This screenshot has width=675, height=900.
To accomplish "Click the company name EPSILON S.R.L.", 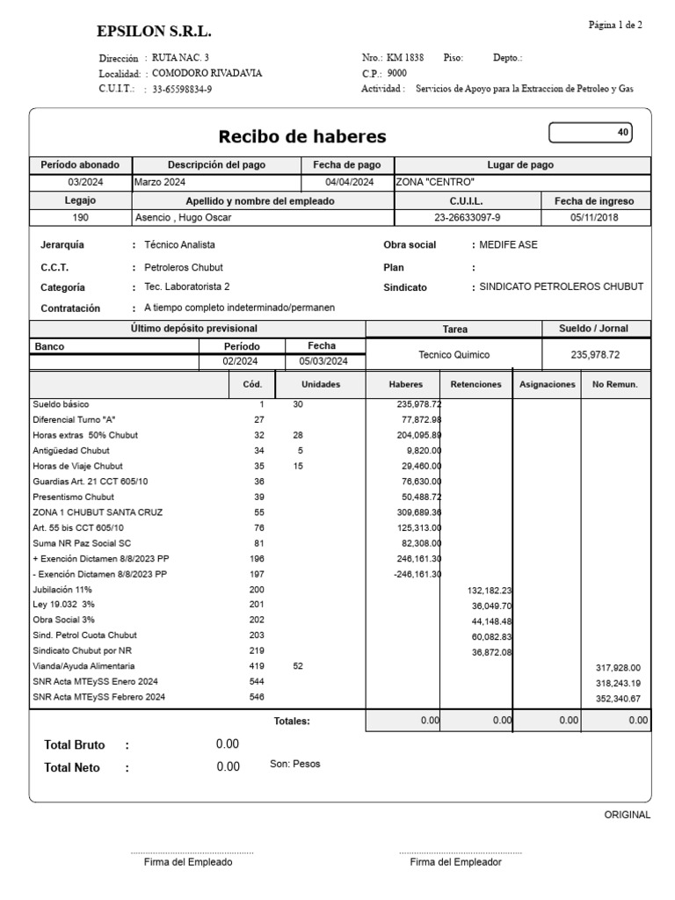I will pyautogui.click(x=154, y=33).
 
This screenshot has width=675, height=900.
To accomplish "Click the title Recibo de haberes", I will pyautogui.click(x=301, y=136).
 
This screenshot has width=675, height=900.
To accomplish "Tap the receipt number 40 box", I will pyautogui.click(x=590, y=133).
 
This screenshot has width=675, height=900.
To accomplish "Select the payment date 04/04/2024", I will pyautogui.click(x=349, y=182).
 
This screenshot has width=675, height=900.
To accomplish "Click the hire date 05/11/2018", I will pyautogui.click(x=595, y=218).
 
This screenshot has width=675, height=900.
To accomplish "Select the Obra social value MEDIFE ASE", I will pyautogui.click(x=508, y=245).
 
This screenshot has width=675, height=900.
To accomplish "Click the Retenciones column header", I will pyautogui.click(x=475, y=384).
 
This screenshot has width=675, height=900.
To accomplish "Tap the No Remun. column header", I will pyautogui.click(x=615, y=384).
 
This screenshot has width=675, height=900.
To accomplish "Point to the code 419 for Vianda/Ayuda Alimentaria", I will pyautogui.click(x=257, y=667).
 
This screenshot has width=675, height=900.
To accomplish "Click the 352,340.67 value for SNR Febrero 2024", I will pyautogui.click(x=618, y=698).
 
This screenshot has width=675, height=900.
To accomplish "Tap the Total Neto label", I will pyautogui.click(x=72, y=767).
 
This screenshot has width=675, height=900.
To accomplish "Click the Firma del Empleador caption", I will pyautogui.click(x=455, y=862).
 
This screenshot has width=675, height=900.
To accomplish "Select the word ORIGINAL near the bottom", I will pyautogui.click(x=627, y=815).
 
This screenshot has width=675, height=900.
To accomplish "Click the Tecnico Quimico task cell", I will pyautogui.click(x=454, y=355).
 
